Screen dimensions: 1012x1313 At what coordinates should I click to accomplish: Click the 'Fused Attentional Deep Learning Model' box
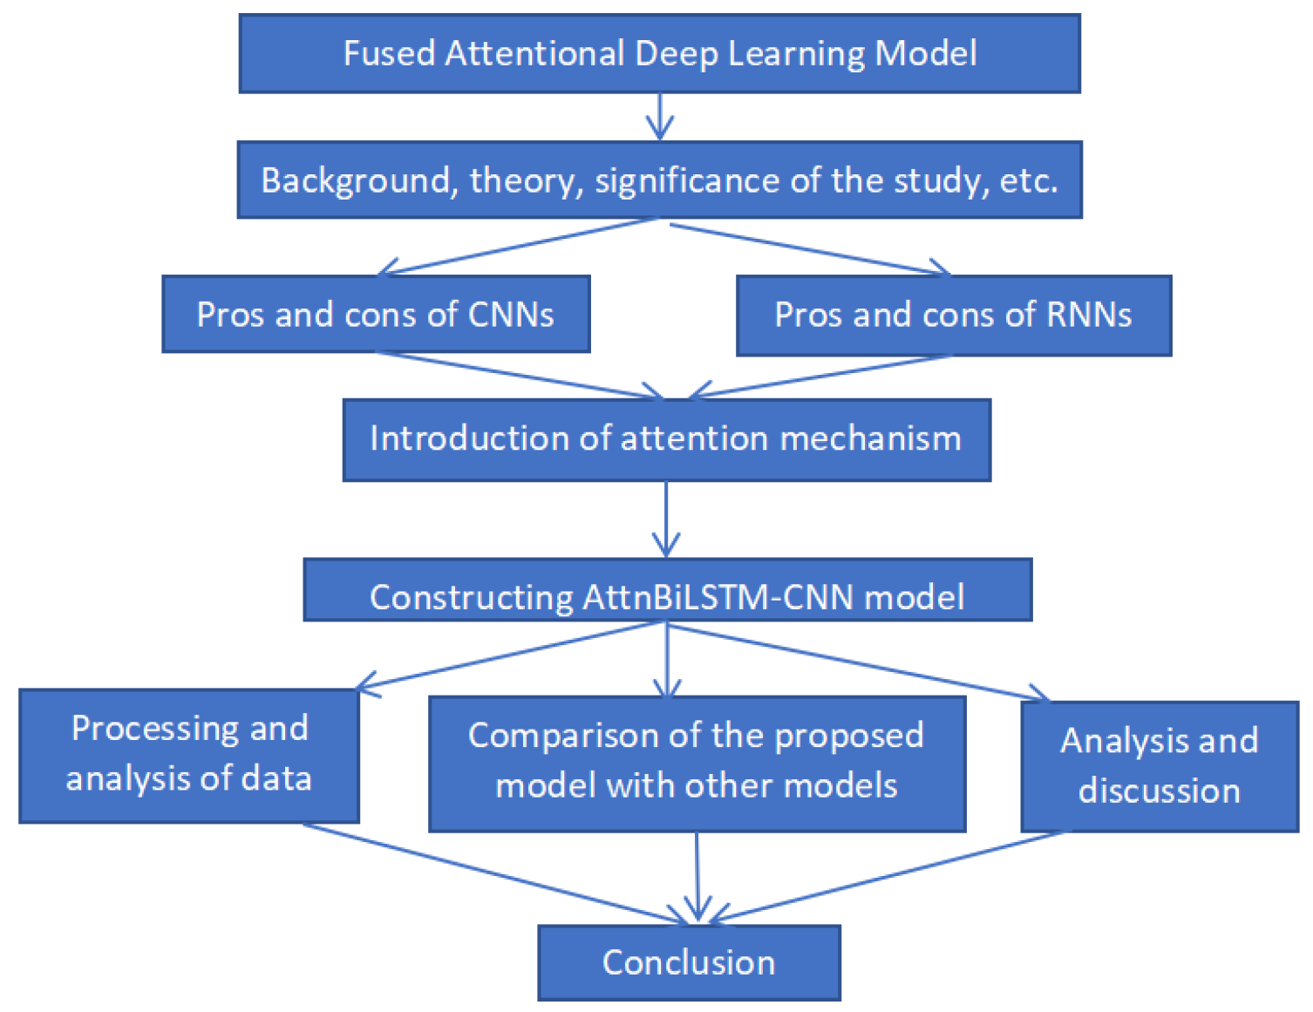point(659,53)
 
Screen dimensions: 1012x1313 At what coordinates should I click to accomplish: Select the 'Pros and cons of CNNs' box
point(376,314)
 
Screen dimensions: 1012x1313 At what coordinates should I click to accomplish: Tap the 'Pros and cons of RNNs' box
point(953,316)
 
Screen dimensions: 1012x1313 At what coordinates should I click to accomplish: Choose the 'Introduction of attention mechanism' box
point(666,439)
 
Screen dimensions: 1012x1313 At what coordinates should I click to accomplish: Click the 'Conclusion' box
point(689,962)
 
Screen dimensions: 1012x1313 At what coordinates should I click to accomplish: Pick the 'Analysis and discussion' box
point(1159,766)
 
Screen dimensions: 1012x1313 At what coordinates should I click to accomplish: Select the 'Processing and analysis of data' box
point(189,755)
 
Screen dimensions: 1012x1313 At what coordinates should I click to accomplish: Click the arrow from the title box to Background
point(660,116)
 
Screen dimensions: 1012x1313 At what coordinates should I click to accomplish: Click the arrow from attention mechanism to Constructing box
point(666,519)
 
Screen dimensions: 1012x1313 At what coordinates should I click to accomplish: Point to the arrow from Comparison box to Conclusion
point(697,876)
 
